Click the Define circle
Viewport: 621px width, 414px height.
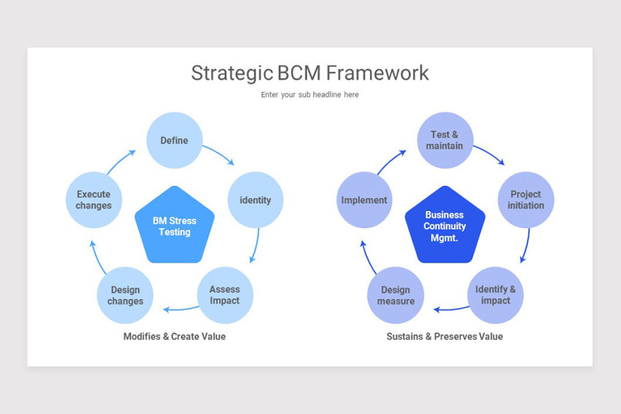[x=174, y=140]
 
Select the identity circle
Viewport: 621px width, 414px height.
[x=256, y=200]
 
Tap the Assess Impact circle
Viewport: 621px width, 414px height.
[x=225, y=295]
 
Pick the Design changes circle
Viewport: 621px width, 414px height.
[x=125, y=295]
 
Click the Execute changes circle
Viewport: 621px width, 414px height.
[x=94, y=200]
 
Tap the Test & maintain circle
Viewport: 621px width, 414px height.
[x=445, y=140]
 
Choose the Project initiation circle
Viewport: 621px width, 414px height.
[x=526, y=200]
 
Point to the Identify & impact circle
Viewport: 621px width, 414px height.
[x=495, y=295]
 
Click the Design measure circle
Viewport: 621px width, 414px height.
[x=396, y=295]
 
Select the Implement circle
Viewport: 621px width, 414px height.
[x=364, y=200]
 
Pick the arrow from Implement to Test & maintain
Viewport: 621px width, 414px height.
[x=390, y=161]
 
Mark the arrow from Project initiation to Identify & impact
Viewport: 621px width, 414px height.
[x=527, y=245]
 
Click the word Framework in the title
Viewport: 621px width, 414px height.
[x=377, y=73]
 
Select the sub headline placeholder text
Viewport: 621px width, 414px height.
[x=309, y=95]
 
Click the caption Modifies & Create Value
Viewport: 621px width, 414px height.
[x=174, y=336]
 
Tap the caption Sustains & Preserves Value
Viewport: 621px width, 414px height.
[x=445, y=336]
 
